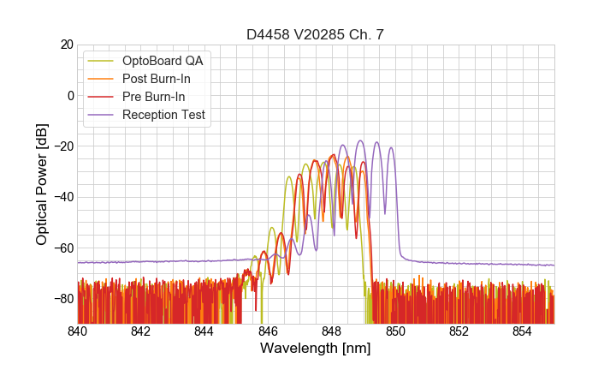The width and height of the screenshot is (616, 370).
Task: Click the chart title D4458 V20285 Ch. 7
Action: [316, 35]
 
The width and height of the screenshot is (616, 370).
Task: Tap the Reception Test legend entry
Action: [163, 115]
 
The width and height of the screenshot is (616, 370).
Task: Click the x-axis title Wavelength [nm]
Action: [316, 349]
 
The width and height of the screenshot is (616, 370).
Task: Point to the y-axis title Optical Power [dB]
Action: [42, 184]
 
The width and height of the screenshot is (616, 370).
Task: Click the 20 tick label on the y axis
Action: [66, 45]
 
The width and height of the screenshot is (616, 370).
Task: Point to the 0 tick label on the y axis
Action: [69, 95]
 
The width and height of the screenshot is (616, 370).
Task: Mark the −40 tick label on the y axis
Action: [62, 197]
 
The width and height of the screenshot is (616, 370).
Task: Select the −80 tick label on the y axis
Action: [62, 298]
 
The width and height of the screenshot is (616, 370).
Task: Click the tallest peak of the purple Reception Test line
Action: [360, 140]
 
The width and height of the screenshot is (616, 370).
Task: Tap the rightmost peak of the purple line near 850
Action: [391, 147]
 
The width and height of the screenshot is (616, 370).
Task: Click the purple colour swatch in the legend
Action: [101, 115]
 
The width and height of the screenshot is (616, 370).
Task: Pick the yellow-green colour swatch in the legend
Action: [101, 61]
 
